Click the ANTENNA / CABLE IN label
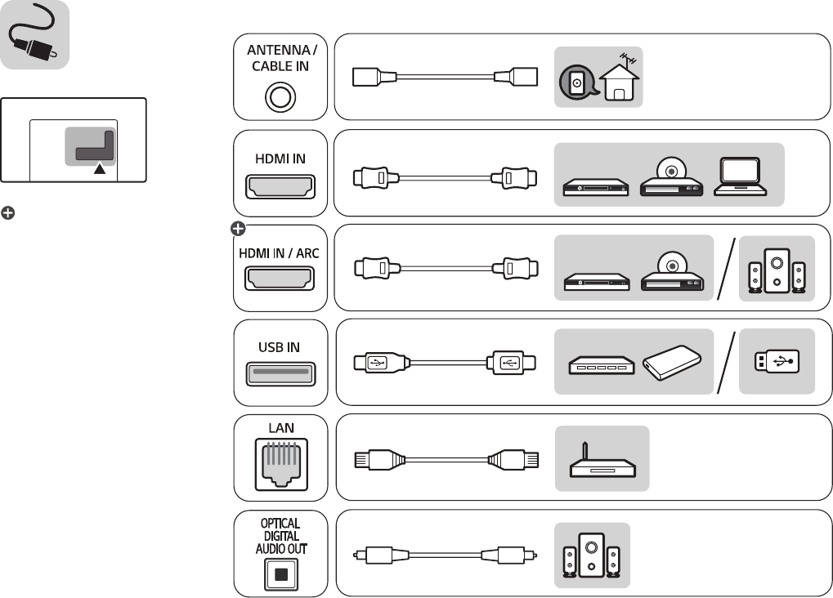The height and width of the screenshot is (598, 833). point(280,59)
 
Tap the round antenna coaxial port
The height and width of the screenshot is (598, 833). point(280,97)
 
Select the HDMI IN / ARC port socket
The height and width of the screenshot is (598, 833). point(280,280)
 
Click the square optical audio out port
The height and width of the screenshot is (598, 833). point(280,573)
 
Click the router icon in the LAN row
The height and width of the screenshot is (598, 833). point(602,463)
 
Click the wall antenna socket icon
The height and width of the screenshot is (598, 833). point(577,83)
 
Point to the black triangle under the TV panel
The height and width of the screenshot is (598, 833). point(99,168)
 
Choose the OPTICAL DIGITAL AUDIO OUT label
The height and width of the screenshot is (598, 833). point(280,536)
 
